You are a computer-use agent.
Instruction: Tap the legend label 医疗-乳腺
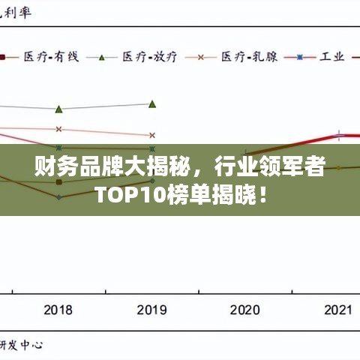click(x=247, y=56)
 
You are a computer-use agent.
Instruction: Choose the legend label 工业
click(x=332, y=56)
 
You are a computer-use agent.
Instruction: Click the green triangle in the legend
click(x=100, y=56)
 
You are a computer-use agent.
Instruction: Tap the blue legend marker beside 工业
click(x=300, y=56)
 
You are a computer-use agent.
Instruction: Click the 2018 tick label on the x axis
click(x=58, y=308)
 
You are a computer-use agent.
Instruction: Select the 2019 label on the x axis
click(x=151, y=308)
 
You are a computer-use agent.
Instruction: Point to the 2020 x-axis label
click(x=245, y=308)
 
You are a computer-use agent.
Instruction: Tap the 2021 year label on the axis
click(x=338, y=308)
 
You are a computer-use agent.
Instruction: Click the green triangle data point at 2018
click(x=58, y=109)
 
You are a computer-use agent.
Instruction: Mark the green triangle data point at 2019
click(x=152, y=104)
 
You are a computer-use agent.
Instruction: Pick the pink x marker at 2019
click(x=152, y=136)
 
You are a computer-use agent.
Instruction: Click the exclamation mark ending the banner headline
click(x=259, y=196)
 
